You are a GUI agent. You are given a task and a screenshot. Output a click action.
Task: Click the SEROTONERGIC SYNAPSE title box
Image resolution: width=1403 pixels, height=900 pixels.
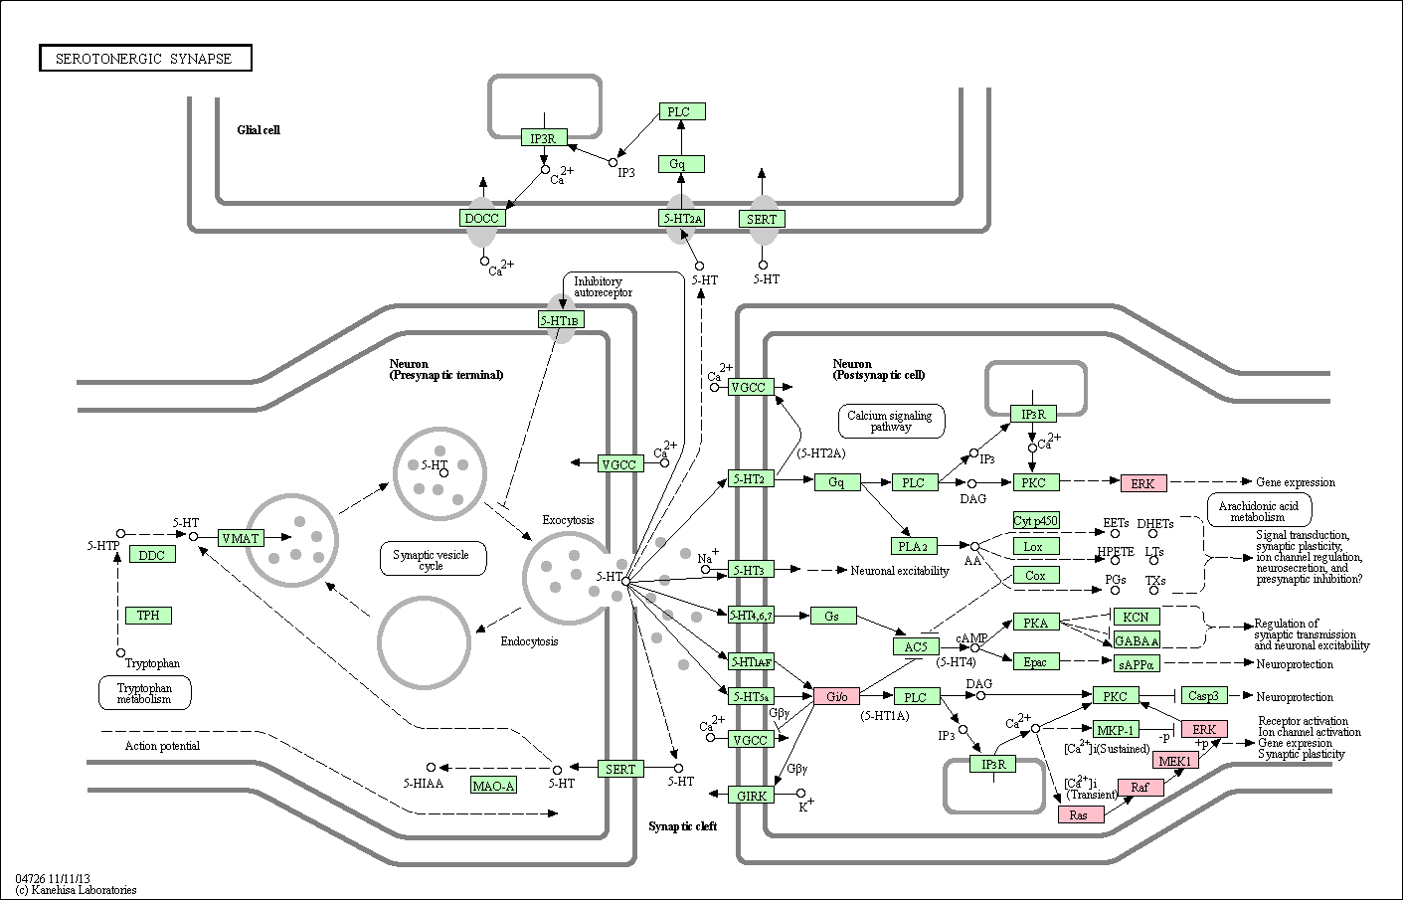coord(145,59)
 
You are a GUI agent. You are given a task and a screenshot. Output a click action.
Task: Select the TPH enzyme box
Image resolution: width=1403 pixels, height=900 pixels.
coord(148,616)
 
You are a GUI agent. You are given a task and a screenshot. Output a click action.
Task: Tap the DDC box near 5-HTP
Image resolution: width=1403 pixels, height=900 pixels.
coord(152,555)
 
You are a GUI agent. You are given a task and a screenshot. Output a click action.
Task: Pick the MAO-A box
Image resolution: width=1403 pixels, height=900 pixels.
coord(493,786)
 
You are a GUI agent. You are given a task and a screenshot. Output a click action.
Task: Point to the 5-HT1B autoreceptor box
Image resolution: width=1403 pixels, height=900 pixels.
coord(561,320)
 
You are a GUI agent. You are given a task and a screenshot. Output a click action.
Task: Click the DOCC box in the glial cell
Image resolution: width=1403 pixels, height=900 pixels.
coord(482,218)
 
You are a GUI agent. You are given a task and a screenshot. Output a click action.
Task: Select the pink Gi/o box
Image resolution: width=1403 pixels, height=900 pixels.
coord(837,696)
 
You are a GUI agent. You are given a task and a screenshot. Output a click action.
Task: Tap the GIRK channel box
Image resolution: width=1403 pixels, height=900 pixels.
coord(751,796)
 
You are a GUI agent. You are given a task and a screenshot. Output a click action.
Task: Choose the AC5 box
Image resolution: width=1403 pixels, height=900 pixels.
coord(917,647)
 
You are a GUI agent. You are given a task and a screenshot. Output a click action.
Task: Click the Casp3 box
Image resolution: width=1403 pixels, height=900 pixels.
coord(1204,696)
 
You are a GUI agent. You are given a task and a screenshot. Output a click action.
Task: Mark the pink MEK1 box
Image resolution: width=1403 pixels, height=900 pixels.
coord(1175,761)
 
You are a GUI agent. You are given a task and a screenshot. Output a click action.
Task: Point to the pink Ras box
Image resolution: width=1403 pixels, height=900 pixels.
coord(1081,814)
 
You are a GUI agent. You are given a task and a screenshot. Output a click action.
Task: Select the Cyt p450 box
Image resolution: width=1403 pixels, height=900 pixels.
coord(1036,520)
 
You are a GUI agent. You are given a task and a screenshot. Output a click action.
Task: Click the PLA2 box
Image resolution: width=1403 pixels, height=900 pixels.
coord(914,546)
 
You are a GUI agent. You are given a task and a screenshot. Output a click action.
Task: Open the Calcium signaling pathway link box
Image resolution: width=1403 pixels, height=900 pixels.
coord(891,421)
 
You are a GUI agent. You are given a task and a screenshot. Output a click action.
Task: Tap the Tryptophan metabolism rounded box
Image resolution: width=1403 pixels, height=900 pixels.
coord(145,693)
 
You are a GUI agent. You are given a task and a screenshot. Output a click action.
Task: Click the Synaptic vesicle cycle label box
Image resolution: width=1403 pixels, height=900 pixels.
coord(433,559)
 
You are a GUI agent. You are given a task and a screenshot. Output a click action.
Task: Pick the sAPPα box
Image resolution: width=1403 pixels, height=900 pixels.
coord(1137,664)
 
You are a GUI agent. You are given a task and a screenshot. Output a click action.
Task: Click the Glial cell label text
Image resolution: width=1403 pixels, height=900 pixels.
coord(259,130)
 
